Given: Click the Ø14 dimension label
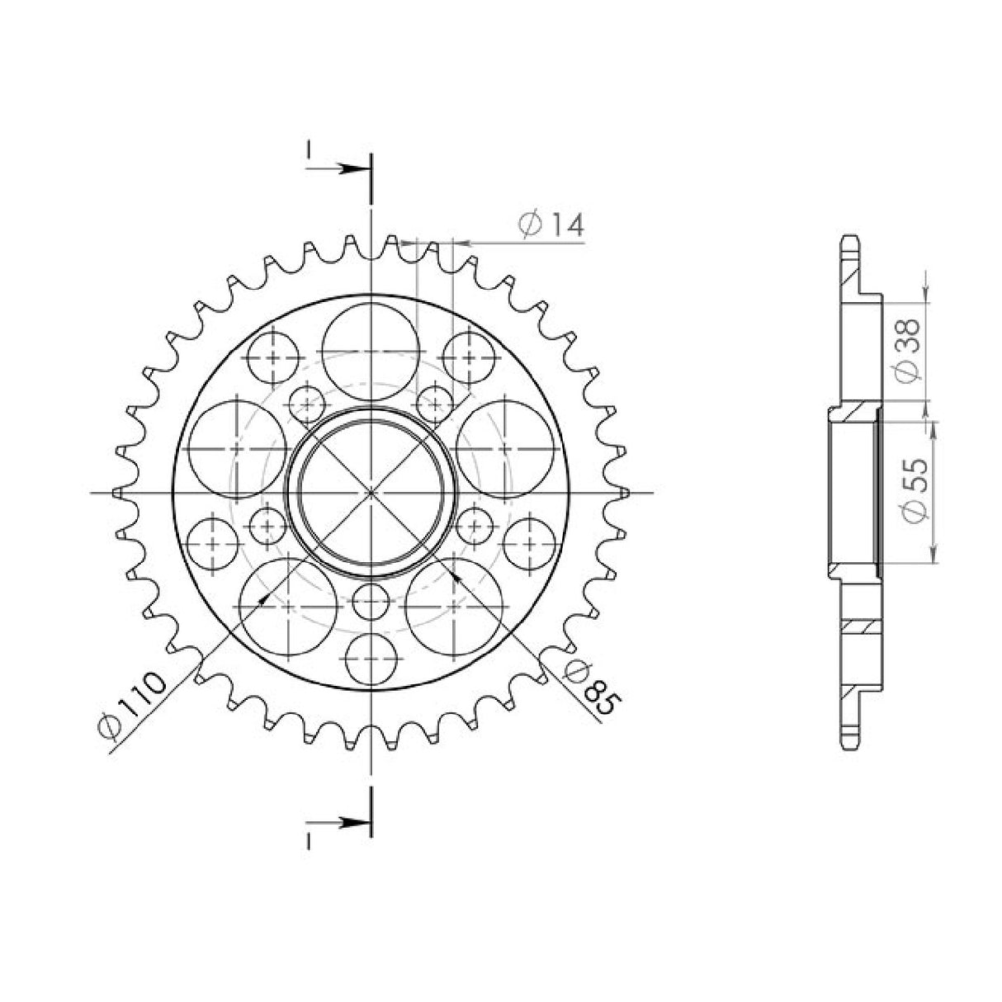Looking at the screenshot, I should pyautogui.click(x=551, y=225).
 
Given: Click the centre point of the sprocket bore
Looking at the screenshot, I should pyautogui.click(x=371, y=491).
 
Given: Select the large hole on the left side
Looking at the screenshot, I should pyautogui.click(x=238, y=447).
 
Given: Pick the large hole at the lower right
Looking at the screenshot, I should pyautogui.click(x=454, y=605).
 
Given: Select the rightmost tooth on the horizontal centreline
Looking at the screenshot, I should pyautogui.click(x=625, y=492).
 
